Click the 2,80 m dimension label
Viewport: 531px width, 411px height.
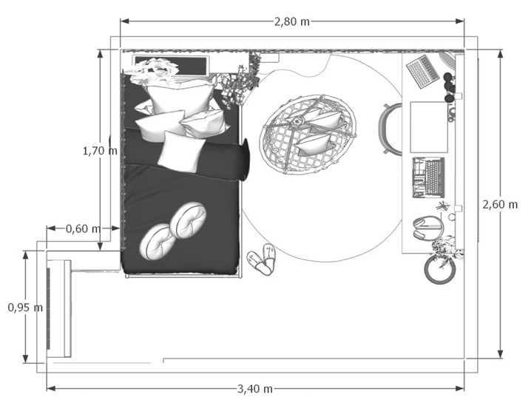click(x=291, y=21)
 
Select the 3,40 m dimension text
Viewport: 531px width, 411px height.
click(x=255, y=389)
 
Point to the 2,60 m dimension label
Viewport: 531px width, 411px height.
click(x=500, y=205)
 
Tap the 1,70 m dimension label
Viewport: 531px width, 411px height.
click(x=100, y=151)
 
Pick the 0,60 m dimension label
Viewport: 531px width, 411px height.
click(x=84, y=229)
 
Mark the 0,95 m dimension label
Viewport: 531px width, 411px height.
click(x=25, y=308)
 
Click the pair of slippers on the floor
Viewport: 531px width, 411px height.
click(x=262, y=259)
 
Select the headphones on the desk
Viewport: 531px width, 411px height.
click(x=428, y=228)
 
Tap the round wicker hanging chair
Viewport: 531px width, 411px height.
click(x=308, y=134)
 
